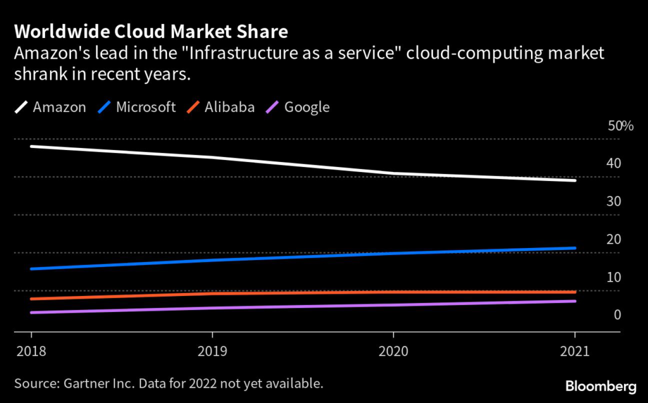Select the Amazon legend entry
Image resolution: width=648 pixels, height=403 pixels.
click(x=59, y=107)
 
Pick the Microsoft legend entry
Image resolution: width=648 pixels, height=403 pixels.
click(x=146, y=107)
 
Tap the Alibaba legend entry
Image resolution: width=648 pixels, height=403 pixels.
click(x=229, y=107)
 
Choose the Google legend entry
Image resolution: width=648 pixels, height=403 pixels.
click(x=307, y=107)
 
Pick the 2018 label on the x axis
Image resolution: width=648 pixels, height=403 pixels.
click(x=30, y=351)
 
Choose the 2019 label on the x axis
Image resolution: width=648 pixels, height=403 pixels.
click(x=212, y=351)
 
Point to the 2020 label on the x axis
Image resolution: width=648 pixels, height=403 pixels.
click(x=393, y=351)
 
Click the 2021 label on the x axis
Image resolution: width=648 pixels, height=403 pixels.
click(x=574, y=351)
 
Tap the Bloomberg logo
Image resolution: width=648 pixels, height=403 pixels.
click(x=602, y=385)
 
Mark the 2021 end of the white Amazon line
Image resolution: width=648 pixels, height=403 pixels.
click(x=575, y=180)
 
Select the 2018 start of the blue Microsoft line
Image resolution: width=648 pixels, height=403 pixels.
click(x=31, y=269)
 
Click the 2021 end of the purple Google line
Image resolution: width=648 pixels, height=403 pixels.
click(x=575, y=301)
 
